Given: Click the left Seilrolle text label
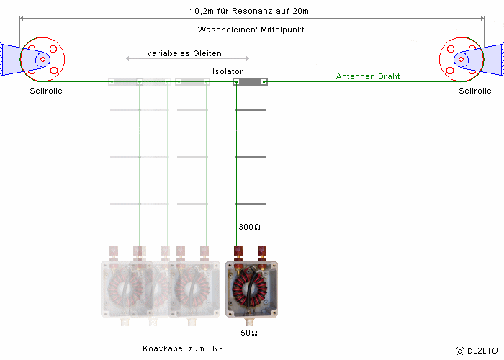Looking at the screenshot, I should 46,91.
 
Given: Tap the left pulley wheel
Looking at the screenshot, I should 42,59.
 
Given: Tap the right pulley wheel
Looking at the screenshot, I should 461,59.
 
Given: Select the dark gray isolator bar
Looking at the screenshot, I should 250,82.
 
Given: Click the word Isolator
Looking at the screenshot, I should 228,71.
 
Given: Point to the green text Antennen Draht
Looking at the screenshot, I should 368,76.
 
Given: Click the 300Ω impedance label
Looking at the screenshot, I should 249,227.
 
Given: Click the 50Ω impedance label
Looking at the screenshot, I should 250,333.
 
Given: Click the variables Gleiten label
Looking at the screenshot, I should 185,53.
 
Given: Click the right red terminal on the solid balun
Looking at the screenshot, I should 263,252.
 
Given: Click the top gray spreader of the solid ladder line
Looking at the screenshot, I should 250,109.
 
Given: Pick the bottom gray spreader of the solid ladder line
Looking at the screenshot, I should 250,204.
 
